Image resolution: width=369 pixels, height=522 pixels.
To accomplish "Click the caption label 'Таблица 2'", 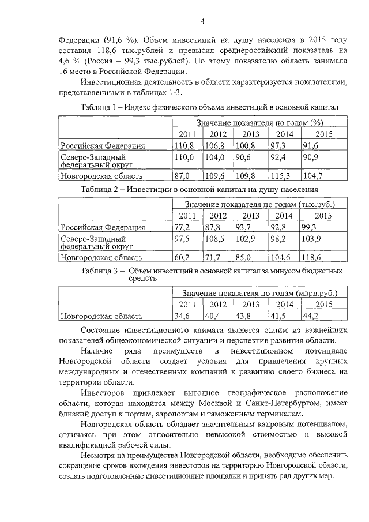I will pyautogui.click(x=100, y=189).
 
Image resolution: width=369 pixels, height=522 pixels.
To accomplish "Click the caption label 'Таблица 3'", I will pyautogui.click(x=100, y=270).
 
